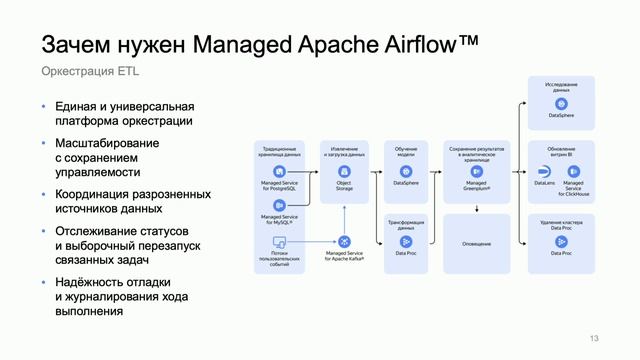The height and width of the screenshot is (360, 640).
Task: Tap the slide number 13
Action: (x=596, y=337)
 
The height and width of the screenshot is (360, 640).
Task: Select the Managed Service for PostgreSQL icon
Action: (x=280, y=172)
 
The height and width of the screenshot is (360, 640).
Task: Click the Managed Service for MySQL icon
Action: (x=280, y=205)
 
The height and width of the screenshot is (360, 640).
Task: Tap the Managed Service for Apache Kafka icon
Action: (x=344, y=242)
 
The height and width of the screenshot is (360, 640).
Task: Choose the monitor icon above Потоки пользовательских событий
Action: (x=280, y=242)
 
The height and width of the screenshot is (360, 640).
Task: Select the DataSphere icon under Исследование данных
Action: (x=561, y=104)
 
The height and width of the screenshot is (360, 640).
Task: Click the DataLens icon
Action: (x=545, y=172)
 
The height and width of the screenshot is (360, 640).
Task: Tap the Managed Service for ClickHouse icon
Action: (x=573, y=172)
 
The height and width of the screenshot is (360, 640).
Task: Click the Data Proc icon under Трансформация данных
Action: (x=406, y=242)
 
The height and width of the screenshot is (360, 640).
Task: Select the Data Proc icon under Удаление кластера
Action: (x=561, y=242)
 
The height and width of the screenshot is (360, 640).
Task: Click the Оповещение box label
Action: (x=476, y=243)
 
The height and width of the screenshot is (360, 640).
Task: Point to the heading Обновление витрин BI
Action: (x=561, y=151)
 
